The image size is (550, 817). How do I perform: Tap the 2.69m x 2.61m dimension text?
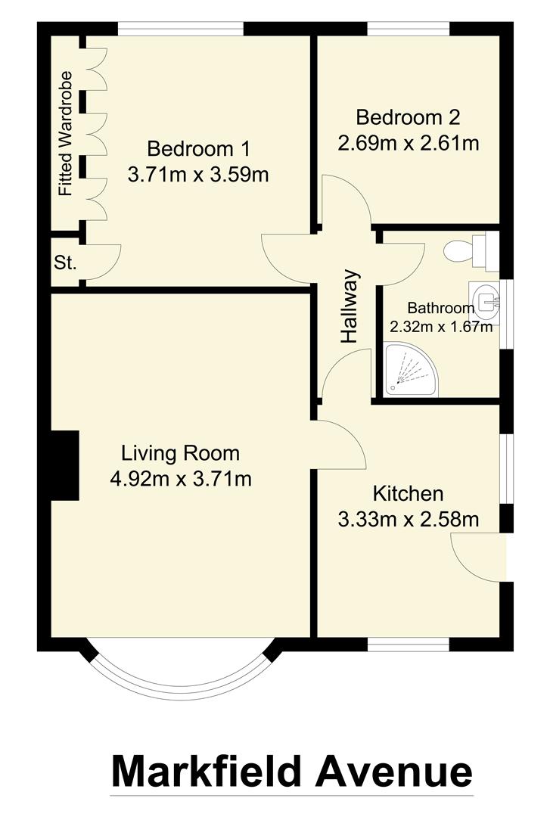coord(409,143)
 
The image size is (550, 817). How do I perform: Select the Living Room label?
coord(180,453)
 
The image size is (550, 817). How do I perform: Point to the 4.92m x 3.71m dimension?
coord(180,479)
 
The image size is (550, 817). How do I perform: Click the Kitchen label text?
coord(408,494)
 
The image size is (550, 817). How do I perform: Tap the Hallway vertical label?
coord(349,307)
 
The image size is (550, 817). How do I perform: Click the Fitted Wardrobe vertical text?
coord(66,134)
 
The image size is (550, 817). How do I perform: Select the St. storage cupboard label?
coord(65,263)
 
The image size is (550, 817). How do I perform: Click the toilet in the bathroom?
coord(470,251)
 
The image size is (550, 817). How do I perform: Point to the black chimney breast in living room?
coord(65,465)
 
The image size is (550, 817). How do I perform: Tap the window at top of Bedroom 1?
coord(181,29)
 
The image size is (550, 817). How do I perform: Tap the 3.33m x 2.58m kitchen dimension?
coord(408,520)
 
